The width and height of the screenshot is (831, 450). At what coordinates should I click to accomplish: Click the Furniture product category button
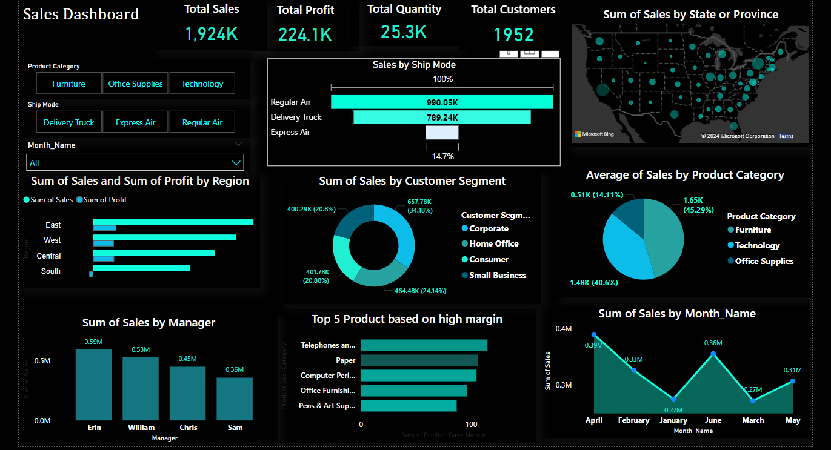pos(68,84)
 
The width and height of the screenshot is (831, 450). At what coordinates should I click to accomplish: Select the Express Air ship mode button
pos(135,122)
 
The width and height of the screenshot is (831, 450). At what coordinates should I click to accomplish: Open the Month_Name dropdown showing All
pos(135,162)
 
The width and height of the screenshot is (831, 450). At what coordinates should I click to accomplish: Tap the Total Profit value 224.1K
pos(305,35)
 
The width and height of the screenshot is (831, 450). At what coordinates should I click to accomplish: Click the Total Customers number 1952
pos(513,35)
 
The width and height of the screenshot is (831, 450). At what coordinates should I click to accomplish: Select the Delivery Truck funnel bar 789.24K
pos(442,117)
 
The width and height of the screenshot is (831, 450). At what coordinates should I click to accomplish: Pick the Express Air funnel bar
pos(442,133)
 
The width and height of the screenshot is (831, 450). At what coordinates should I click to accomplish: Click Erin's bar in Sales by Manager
pos(94,385)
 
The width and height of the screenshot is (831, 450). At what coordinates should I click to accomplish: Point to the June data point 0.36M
pos(713,354)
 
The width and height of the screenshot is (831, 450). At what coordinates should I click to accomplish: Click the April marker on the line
pos(594,334)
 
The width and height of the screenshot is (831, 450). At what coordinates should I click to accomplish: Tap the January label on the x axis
pos(673,420)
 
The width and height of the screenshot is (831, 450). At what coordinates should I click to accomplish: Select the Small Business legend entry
pos(497,275)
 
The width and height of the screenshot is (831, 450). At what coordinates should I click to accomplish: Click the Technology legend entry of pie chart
pos(757,245)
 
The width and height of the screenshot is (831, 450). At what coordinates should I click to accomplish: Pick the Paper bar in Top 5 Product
pos(419,360)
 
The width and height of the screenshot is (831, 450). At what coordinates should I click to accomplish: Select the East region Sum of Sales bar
pos(173,222)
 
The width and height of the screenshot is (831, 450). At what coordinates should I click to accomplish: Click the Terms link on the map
pos(786,136)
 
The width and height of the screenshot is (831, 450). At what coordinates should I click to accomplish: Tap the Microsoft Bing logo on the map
pos(594,134)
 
